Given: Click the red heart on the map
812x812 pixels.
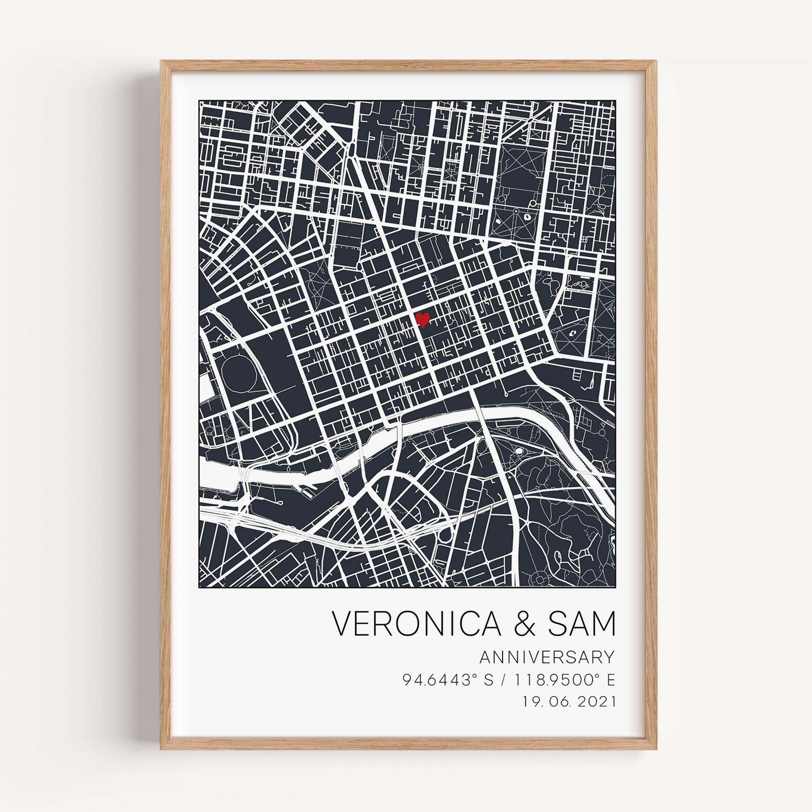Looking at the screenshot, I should [422, 320].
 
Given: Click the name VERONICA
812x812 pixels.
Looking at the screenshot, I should [416, 624].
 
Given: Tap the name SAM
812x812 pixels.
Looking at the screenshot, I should [581, 624].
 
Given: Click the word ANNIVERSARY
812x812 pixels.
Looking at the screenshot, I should [547, 657].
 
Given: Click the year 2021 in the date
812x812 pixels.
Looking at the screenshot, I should [597, 702].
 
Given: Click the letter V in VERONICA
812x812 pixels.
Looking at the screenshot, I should [342, 624].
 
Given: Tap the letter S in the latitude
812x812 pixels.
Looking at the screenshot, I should [488, 680].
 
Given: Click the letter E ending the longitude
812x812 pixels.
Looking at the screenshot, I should [611, 680].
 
